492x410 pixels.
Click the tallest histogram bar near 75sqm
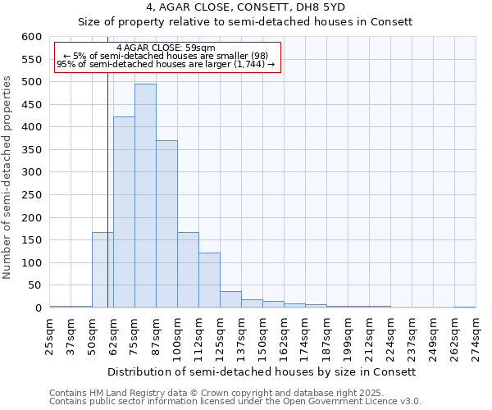click(145, 197)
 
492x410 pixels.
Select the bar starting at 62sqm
click(124, 213)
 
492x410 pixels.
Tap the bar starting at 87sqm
click(166, 225)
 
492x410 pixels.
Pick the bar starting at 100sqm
click(188, 271)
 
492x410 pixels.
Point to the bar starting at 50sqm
click(102, 271)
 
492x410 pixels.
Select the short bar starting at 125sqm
click(230, 300)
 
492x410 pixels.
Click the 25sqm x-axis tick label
click(50, 336)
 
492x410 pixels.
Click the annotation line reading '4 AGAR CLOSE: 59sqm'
click(166, 48)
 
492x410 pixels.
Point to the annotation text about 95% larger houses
click(166, 64)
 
